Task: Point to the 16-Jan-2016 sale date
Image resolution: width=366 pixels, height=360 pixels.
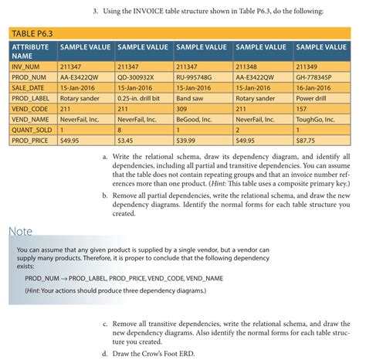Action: click(x=316, y=89)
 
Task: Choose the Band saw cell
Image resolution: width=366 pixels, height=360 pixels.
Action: click(x=189, y=100)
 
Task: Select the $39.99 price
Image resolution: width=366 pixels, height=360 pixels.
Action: click(x=187, y=141)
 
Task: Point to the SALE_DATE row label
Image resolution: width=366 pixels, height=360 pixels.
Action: click(x=29, y=89)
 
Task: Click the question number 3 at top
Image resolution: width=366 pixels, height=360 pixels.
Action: click(x=95, y=12)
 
